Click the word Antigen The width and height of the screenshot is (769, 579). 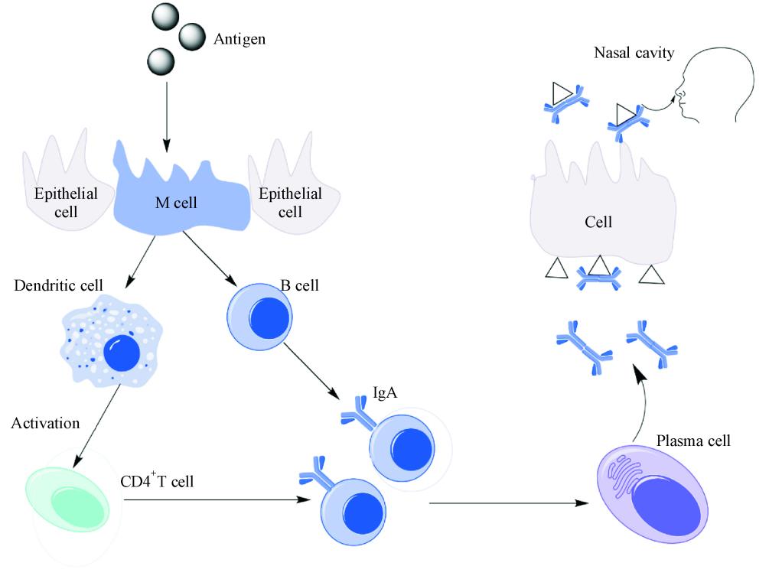239,38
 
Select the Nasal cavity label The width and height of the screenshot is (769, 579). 634,54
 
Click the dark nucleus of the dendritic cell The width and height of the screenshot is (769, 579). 122,353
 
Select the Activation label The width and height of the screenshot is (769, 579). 45,424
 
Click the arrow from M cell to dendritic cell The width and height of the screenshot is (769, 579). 142,260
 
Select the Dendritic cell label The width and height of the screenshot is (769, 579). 59,285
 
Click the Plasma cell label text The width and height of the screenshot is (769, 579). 694,441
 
